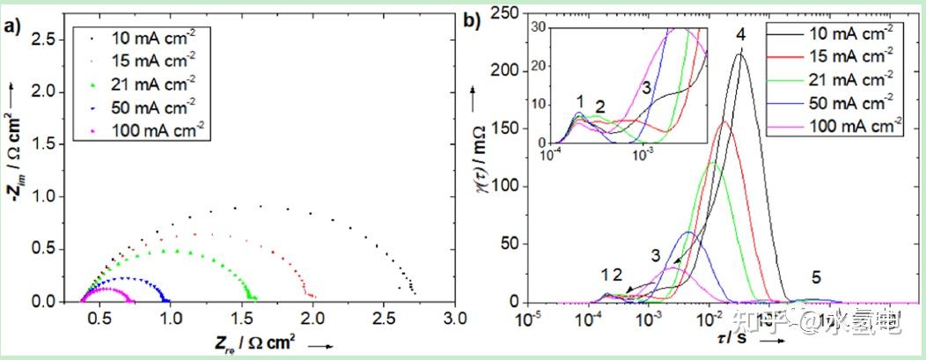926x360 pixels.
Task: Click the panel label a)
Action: pos(12,26)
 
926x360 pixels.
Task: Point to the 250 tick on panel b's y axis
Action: pos(503,12)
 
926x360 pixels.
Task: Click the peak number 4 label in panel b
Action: pos(741,34)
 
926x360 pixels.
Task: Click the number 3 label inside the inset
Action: pos(645,87)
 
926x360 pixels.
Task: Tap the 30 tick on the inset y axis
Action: pos(540,27)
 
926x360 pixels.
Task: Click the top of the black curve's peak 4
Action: pos(740,55)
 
